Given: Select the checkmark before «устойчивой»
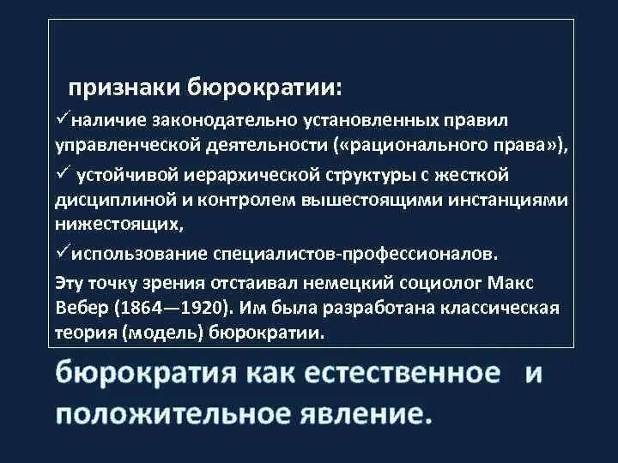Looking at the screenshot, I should (63, 174).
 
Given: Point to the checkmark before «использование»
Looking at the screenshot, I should (61, 253).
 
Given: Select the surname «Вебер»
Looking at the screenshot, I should (81, 307).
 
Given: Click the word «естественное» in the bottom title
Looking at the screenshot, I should (395, 374).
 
